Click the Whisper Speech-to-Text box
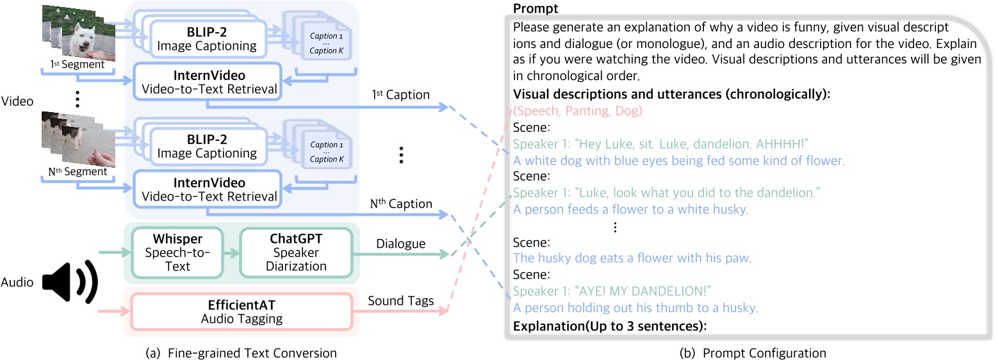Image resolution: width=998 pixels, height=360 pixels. click(173, 254)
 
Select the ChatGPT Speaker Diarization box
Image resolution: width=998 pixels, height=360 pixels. click(295, 254)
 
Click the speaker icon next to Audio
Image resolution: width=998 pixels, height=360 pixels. click(69, 282)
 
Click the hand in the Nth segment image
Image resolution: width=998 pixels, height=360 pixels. click(101, 154)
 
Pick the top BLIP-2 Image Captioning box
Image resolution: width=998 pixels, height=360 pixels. click(209, 38)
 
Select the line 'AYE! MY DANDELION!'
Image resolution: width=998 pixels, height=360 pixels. click(612, 291)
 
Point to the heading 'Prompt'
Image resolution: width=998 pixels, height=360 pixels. click(536, 9)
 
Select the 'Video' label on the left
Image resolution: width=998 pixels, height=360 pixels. click(18, 101)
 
